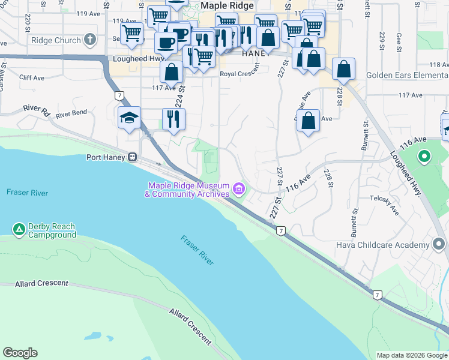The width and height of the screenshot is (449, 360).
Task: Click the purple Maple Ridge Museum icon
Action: [239, 190]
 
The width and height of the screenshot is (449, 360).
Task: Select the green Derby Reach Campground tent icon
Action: [19, 229]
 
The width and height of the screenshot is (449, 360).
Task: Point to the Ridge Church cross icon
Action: [90, 41]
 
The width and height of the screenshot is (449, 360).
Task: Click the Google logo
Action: [20, 353]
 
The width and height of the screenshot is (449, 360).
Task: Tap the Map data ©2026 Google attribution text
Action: [411, 355]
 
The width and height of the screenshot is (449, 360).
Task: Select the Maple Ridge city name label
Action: [224, 5]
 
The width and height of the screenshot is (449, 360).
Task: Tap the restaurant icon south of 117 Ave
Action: [173, 118]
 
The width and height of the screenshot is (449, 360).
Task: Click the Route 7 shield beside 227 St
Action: [280, 230]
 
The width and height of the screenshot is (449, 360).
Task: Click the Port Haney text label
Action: [105, 158]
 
